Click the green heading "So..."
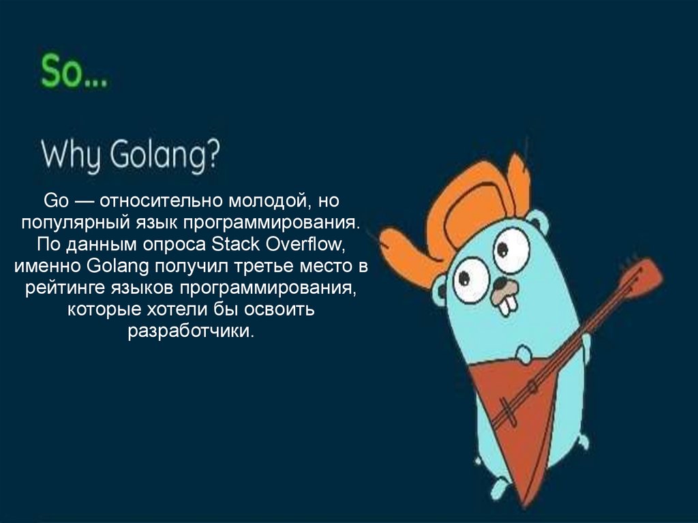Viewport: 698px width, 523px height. pyautogui.click(x=74, y=71)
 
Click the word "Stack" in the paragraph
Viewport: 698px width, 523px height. pyautogui.click(x=235, y=244)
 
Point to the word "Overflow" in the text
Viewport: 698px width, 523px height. pyautogui.click(x=303, y=244)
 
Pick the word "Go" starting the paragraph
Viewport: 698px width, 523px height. pyautogui.click(x=56, y=201)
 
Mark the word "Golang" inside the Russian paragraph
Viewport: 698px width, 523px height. pyautogui.click(x=118, y=267)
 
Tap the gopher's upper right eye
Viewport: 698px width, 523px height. pyautogui.click(x=511, y=250)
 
